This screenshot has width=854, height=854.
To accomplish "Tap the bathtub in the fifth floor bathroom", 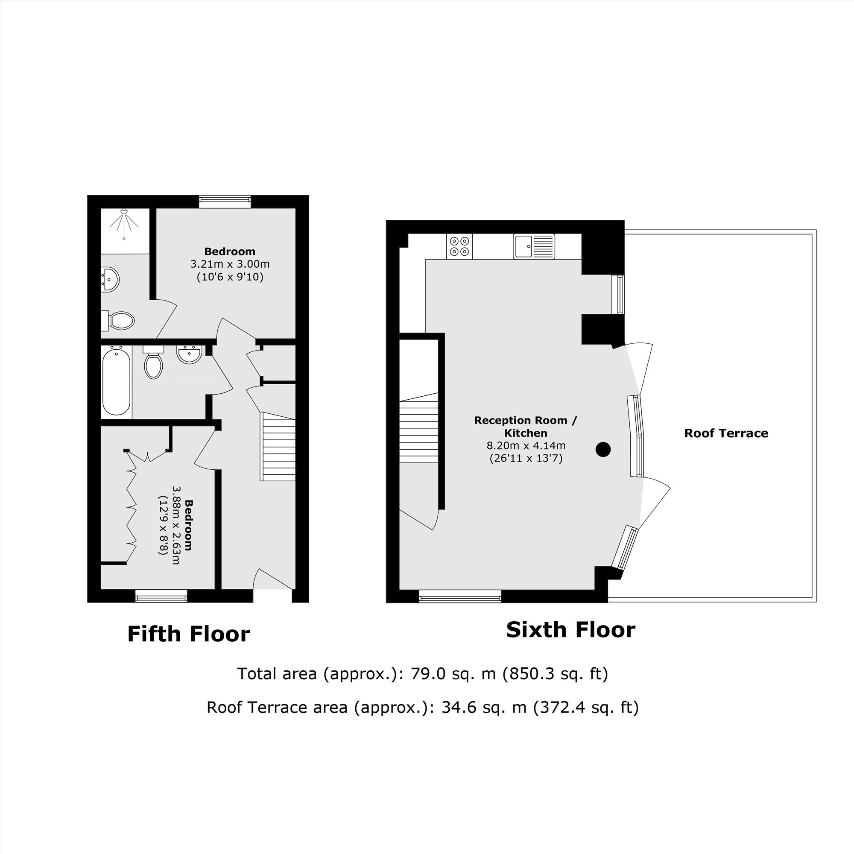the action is coord(116,381).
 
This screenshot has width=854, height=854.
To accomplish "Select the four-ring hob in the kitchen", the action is coord(459,247).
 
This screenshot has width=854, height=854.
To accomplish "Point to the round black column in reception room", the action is coord(603,450).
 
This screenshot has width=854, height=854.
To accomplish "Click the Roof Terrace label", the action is coord(726,433).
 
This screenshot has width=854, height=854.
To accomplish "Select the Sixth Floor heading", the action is coord(570,630).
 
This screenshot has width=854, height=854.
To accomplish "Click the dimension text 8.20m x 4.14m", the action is coord(526,445).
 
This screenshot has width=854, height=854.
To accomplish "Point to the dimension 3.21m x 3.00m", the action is coord(230,264).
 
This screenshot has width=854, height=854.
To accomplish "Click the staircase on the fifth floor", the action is coord(278,447).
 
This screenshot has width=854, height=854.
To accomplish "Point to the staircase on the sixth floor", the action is coord(418,427).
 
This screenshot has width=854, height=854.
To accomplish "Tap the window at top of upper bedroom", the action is coord(225,202).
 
